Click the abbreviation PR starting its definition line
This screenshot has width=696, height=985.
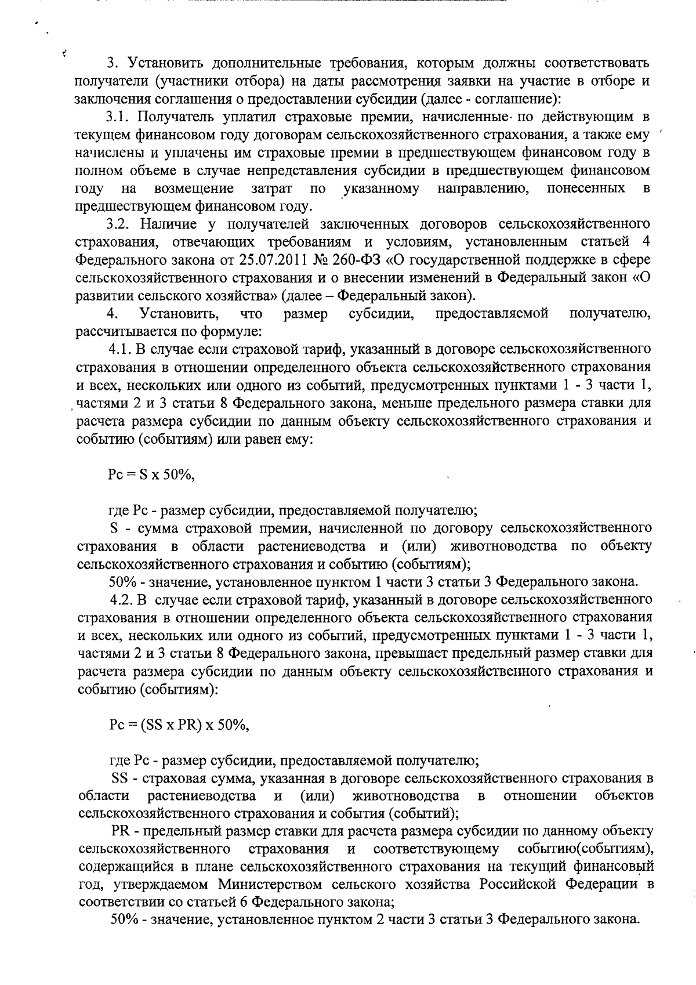point(119,831)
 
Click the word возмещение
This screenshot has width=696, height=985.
point(194,189)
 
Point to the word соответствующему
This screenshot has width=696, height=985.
point(436,849)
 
